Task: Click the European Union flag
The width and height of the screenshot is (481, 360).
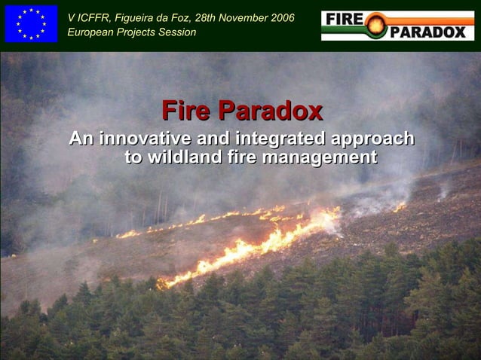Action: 31,23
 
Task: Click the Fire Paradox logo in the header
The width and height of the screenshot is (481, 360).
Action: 397,25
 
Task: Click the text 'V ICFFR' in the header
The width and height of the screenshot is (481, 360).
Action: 88,17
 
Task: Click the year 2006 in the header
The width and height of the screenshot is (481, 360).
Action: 280,17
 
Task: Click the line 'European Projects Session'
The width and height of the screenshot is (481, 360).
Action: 131,32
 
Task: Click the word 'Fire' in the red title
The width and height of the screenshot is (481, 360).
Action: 185,111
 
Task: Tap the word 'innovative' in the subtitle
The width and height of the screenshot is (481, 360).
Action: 146,139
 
